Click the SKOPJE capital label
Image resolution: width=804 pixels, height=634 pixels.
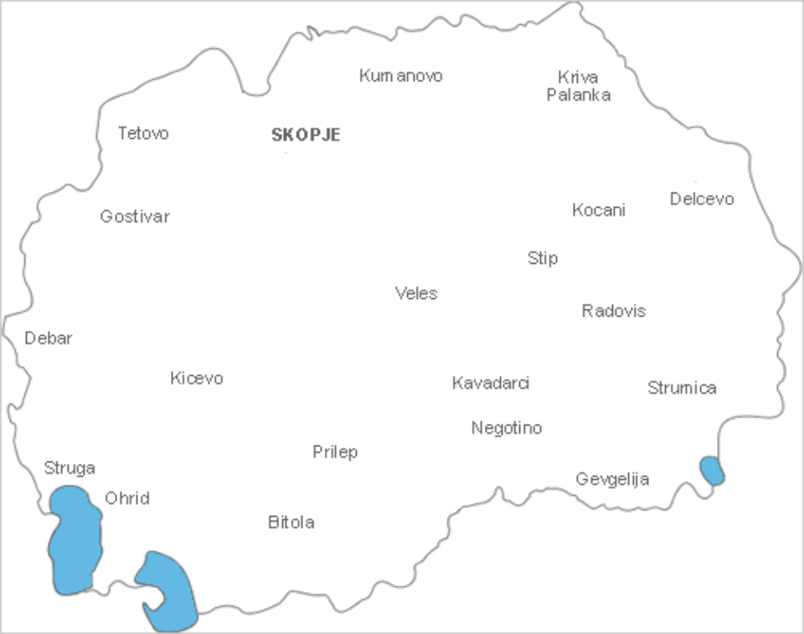click(x=306, y=135)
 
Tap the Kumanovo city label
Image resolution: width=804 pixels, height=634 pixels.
click(x=400, y=75)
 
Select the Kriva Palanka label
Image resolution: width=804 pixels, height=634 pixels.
click(x=578, y=85)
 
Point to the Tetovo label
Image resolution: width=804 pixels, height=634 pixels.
click(x=143, y=133)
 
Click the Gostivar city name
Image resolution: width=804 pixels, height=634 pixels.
click(x=135, y=217)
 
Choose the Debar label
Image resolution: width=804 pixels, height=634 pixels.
click(x=49, y=338)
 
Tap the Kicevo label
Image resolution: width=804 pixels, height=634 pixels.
click(x=197, y=379)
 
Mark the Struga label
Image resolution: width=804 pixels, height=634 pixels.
click(x=70, y=467)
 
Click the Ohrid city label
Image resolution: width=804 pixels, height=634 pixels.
click(x=127, y=498)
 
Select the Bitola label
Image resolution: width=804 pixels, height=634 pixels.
click(x=291, y=523)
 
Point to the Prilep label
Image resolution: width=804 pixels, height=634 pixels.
click(x=335, y=452)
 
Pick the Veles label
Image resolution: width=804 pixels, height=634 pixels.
click(x=416, y=293)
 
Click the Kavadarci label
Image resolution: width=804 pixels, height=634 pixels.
click(x=491, y=383)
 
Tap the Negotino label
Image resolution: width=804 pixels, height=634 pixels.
click(x=507, y=428)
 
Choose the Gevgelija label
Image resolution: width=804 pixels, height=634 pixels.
click(x=612, y=479)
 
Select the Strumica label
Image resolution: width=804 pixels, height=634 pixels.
click(x=682, y=388)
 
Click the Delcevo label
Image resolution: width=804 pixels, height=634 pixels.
click(x=702, y=198)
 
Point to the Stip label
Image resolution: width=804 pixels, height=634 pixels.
click(x=543, y=258)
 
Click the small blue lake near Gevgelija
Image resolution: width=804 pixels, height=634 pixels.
click(x=712, y=471)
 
